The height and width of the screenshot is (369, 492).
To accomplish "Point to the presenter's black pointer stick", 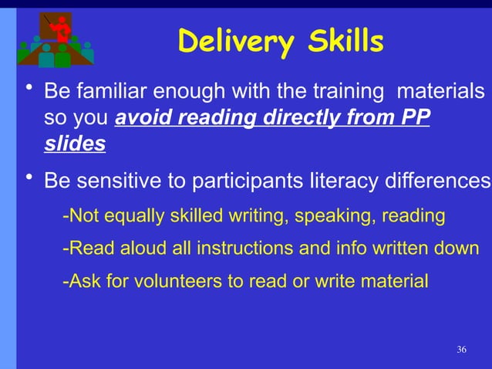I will point(49,19).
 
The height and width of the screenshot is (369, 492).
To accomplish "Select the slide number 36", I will point(461,350).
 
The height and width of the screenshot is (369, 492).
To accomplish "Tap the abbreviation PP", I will point(416,119).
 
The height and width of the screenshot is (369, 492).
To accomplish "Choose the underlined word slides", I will point(75,144).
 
